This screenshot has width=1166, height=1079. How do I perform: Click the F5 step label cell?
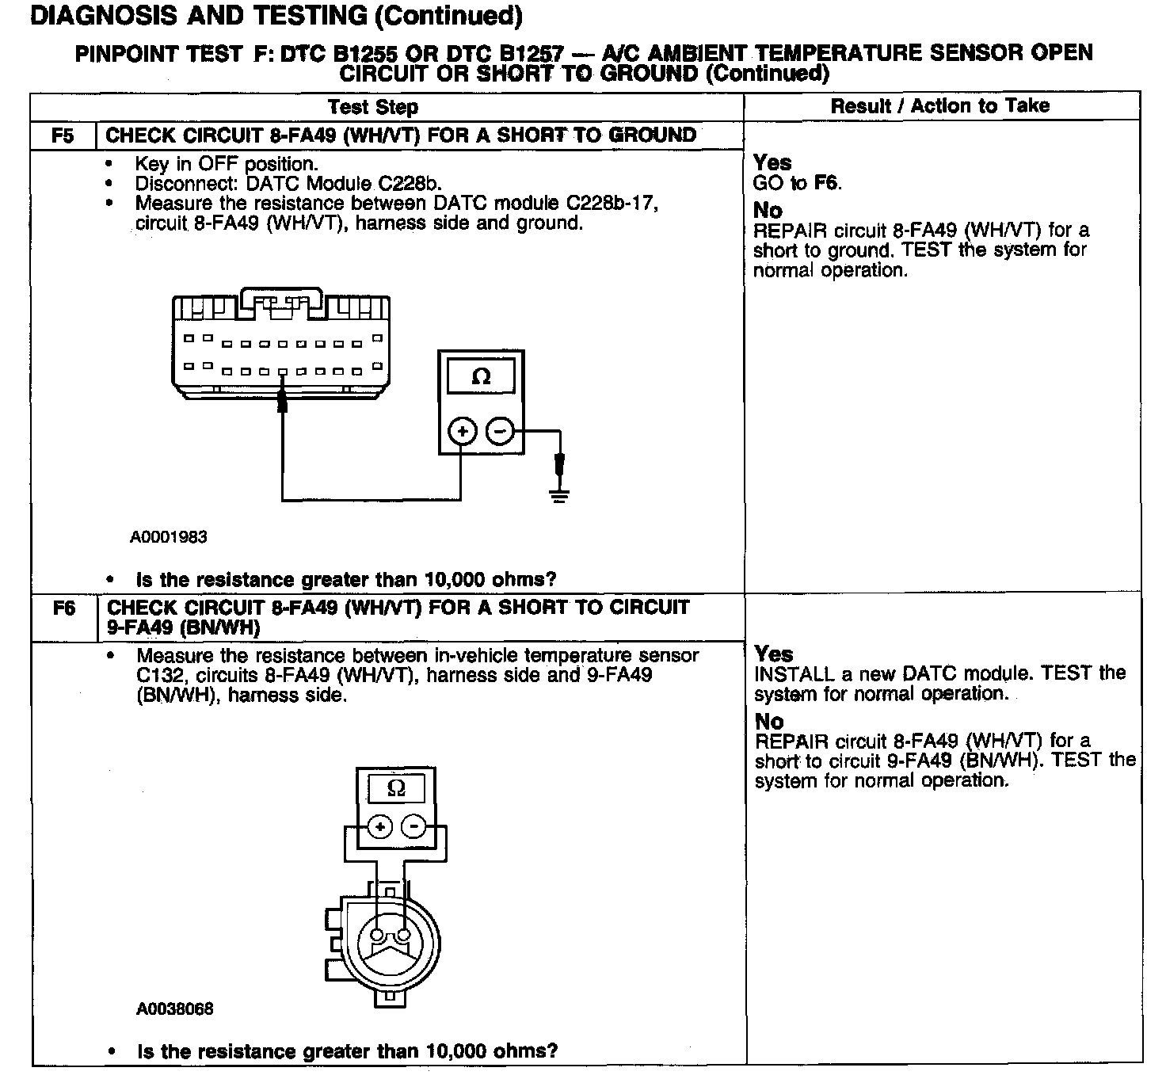point(63,135)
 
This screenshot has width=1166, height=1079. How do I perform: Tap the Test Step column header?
point(373,107)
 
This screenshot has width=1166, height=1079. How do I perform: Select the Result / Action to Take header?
point(940,106)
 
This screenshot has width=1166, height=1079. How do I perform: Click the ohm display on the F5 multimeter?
point(481,377)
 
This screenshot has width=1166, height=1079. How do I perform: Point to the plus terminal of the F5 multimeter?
point(462,432)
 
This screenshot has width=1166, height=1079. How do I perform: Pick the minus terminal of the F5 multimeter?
point(499,432)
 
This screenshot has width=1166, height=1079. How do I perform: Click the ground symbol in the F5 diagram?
point(559,497)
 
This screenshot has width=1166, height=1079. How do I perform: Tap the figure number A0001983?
point(169,537)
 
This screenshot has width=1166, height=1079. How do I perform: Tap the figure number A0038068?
point(175,1009)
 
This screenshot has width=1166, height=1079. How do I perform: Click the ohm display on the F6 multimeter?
point(397,788)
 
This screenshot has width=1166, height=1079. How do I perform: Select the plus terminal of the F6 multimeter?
point(380,827)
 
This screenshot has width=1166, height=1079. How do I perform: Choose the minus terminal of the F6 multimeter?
point(413,827)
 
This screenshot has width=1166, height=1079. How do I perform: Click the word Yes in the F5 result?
point(772,162)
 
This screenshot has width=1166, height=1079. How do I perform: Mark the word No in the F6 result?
point(769,722)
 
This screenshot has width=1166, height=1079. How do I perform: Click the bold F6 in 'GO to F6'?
point(827,183)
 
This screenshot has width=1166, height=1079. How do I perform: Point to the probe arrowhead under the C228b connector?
point(281,402)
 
